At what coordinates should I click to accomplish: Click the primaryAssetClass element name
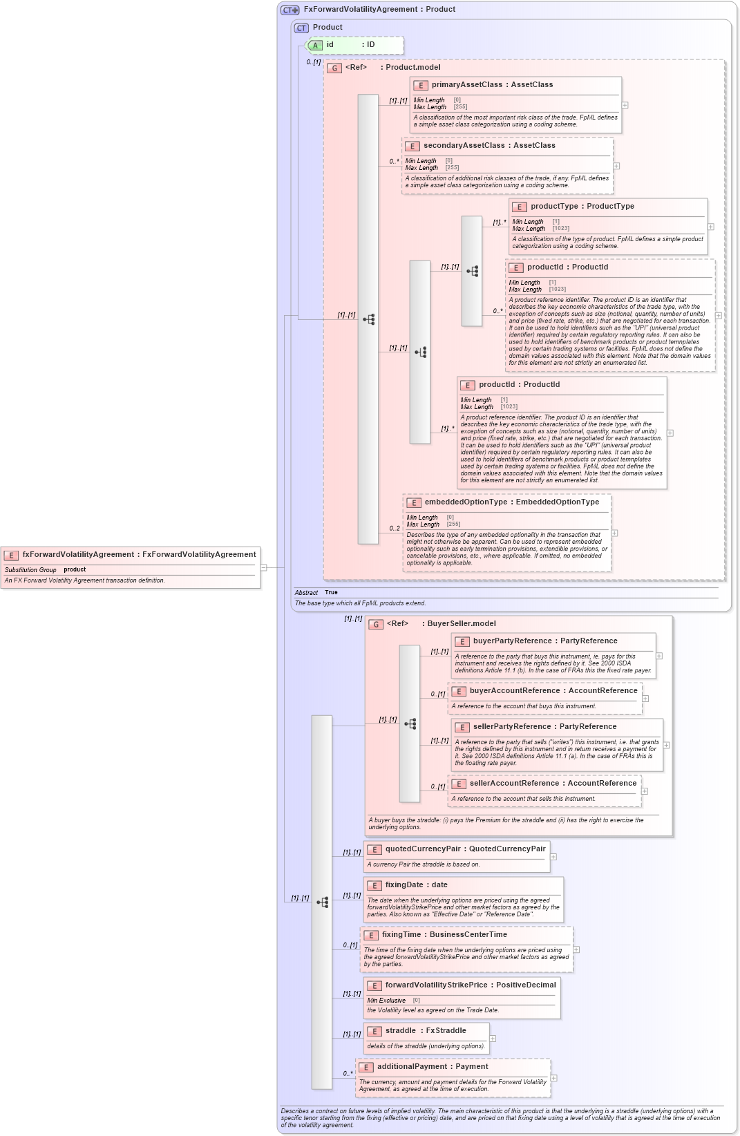coord(466,85)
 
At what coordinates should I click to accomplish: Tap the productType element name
coord(554,207)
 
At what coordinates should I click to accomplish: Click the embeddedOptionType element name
coord(466,502)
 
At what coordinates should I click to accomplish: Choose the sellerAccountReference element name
coord(514,784)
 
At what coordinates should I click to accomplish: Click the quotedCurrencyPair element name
coord(422,849)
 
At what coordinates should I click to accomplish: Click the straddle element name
coord(400,1031)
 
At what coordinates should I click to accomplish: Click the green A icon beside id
coord(315,46)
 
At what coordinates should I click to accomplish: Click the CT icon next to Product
coord(301,28)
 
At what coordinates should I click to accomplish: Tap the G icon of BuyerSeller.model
coord(376,625)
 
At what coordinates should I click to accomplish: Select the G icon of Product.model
coord(334,68)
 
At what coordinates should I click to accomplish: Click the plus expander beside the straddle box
coord(493,1039)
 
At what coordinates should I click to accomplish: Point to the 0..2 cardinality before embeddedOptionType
coord(395,529)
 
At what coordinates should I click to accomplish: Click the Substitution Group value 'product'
coord(75,570)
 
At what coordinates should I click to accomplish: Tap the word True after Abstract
coord(331,593)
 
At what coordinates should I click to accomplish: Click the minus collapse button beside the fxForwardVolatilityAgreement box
coord(264,567)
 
